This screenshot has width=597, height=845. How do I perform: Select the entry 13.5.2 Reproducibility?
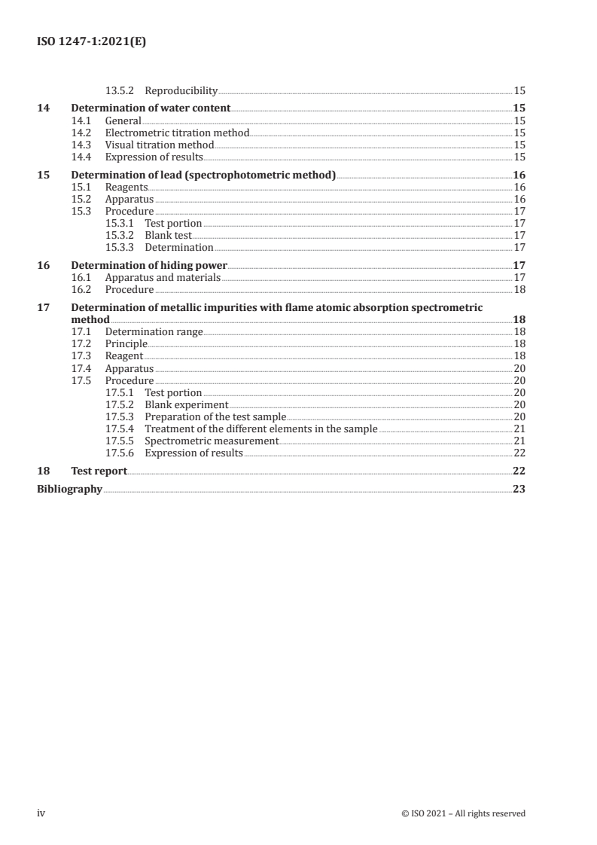pyautogui.click(x=161, y=91)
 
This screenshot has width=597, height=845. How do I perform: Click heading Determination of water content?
pyautogui.click(x=151, y=108)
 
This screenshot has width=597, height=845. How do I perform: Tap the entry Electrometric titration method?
pyautogui.click(x=177, y=133)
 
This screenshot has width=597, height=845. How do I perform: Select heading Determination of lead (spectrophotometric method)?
pyautogui.click(x=203, y=175)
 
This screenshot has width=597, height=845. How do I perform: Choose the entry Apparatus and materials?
pyautogui.click(x=163, y=277)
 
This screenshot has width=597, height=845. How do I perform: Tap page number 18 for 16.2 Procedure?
pyautogui.click(x=519, y=289)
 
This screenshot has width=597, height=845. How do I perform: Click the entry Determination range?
pyautogui.click(x=154, y=332)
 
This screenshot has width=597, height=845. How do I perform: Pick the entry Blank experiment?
pyautogui.click(x=186, y=404)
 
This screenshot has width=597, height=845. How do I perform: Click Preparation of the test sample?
pyautogui.click(x=215, y=416)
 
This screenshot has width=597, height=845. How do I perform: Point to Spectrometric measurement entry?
pyautogui.click(x=212, y=441)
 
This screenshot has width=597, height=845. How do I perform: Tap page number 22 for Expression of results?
pyautogui.click(x=519, y=453)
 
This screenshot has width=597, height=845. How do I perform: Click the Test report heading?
pyautogui.click(x=99, y=471)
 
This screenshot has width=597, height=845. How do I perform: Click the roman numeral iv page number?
pyautogui.click(x=42, y=813)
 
